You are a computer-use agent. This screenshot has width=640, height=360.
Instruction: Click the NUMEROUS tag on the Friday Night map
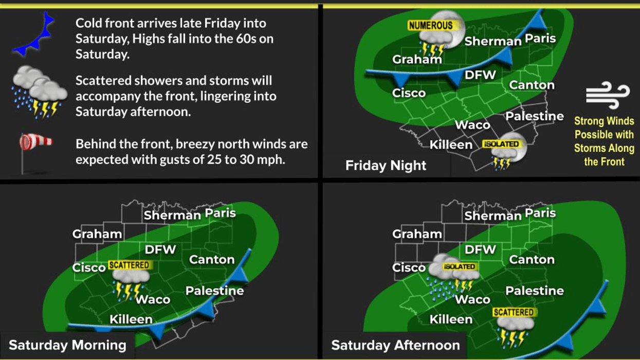430,25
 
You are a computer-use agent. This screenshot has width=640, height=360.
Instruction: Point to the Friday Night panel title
386,166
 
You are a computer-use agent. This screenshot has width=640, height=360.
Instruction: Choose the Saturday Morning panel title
67,345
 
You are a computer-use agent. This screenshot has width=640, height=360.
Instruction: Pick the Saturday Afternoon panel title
395,345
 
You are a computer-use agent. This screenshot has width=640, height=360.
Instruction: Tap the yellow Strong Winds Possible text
604,141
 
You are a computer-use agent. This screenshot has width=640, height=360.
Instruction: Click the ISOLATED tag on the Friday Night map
501,144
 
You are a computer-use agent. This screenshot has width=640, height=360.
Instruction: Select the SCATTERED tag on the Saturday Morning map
129,265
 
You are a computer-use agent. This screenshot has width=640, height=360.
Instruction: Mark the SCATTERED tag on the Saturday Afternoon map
513,312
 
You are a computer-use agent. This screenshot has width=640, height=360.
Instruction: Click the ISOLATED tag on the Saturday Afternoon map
459,266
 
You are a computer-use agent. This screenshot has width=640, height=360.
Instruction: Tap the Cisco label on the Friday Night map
409,93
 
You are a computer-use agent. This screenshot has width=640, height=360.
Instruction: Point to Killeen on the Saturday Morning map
131,319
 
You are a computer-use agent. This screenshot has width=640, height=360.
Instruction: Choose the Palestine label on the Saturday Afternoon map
534,291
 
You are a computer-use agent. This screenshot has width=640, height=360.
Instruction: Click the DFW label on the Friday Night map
480,75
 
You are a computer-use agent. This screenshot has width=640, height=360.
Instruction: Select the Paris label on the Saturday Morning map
220,213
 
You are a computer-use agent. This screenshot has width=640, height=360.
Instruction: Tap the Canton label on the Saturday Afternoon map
532,260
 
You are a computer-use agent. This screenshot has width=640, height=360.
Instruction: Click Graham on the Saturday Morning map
97,234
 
